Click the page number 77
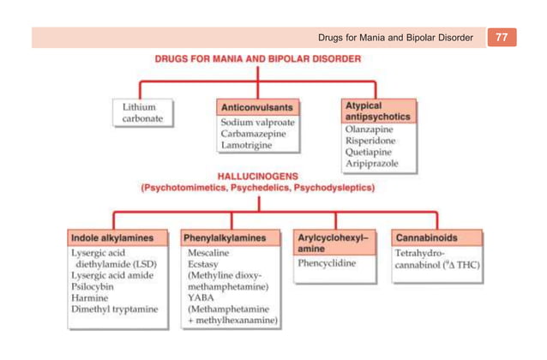tap(502, 38)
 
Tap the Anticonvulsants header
tap(258, 108)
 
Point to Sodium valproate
tap(258, 123)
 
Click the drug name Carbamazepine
tap(254, 135)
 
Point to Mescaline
tap(210, 255)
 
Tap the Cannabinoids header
tap(426, 237)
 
